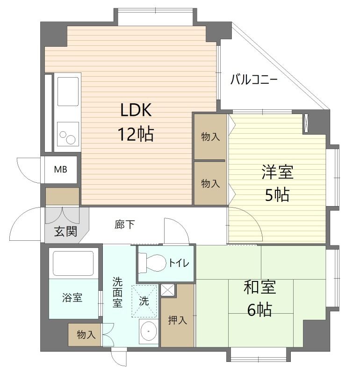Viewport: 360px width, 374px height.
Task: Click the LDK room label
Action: tap(136, 110)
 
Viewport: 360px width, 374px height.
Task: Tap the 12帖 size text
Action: tap(136, 135)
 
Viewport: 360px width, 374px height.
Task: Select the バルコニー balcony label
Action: tap(254, 79)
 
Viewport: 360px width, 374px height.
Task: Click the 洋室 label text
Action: tap(277, 172)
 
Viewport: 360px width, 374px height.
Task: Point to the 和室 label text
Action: tap(260, 287)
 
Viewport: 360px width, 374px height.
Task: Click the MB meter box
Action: tap(60, 169)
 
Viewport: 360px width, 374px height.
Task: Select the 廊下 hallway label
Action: tap(124, 225)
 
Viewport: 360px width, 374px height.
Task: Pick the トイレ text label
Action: tap(179, 263)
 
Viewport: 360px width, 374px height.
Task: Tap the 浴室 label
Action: tap(72, 297)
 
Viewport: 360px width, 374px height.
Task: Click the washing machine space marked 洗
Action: tap(145, 301)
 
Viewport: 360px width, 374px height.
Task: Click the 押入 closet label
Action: tap(177, 320)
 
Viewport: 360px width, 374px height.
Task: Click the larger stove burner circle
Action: tap(71, 139)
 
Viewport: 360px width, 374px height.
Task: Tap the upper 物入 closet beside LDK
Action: tap(210, 137)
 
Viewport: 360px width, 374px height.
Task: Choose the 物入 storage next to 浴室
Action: tap(86, 335)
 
